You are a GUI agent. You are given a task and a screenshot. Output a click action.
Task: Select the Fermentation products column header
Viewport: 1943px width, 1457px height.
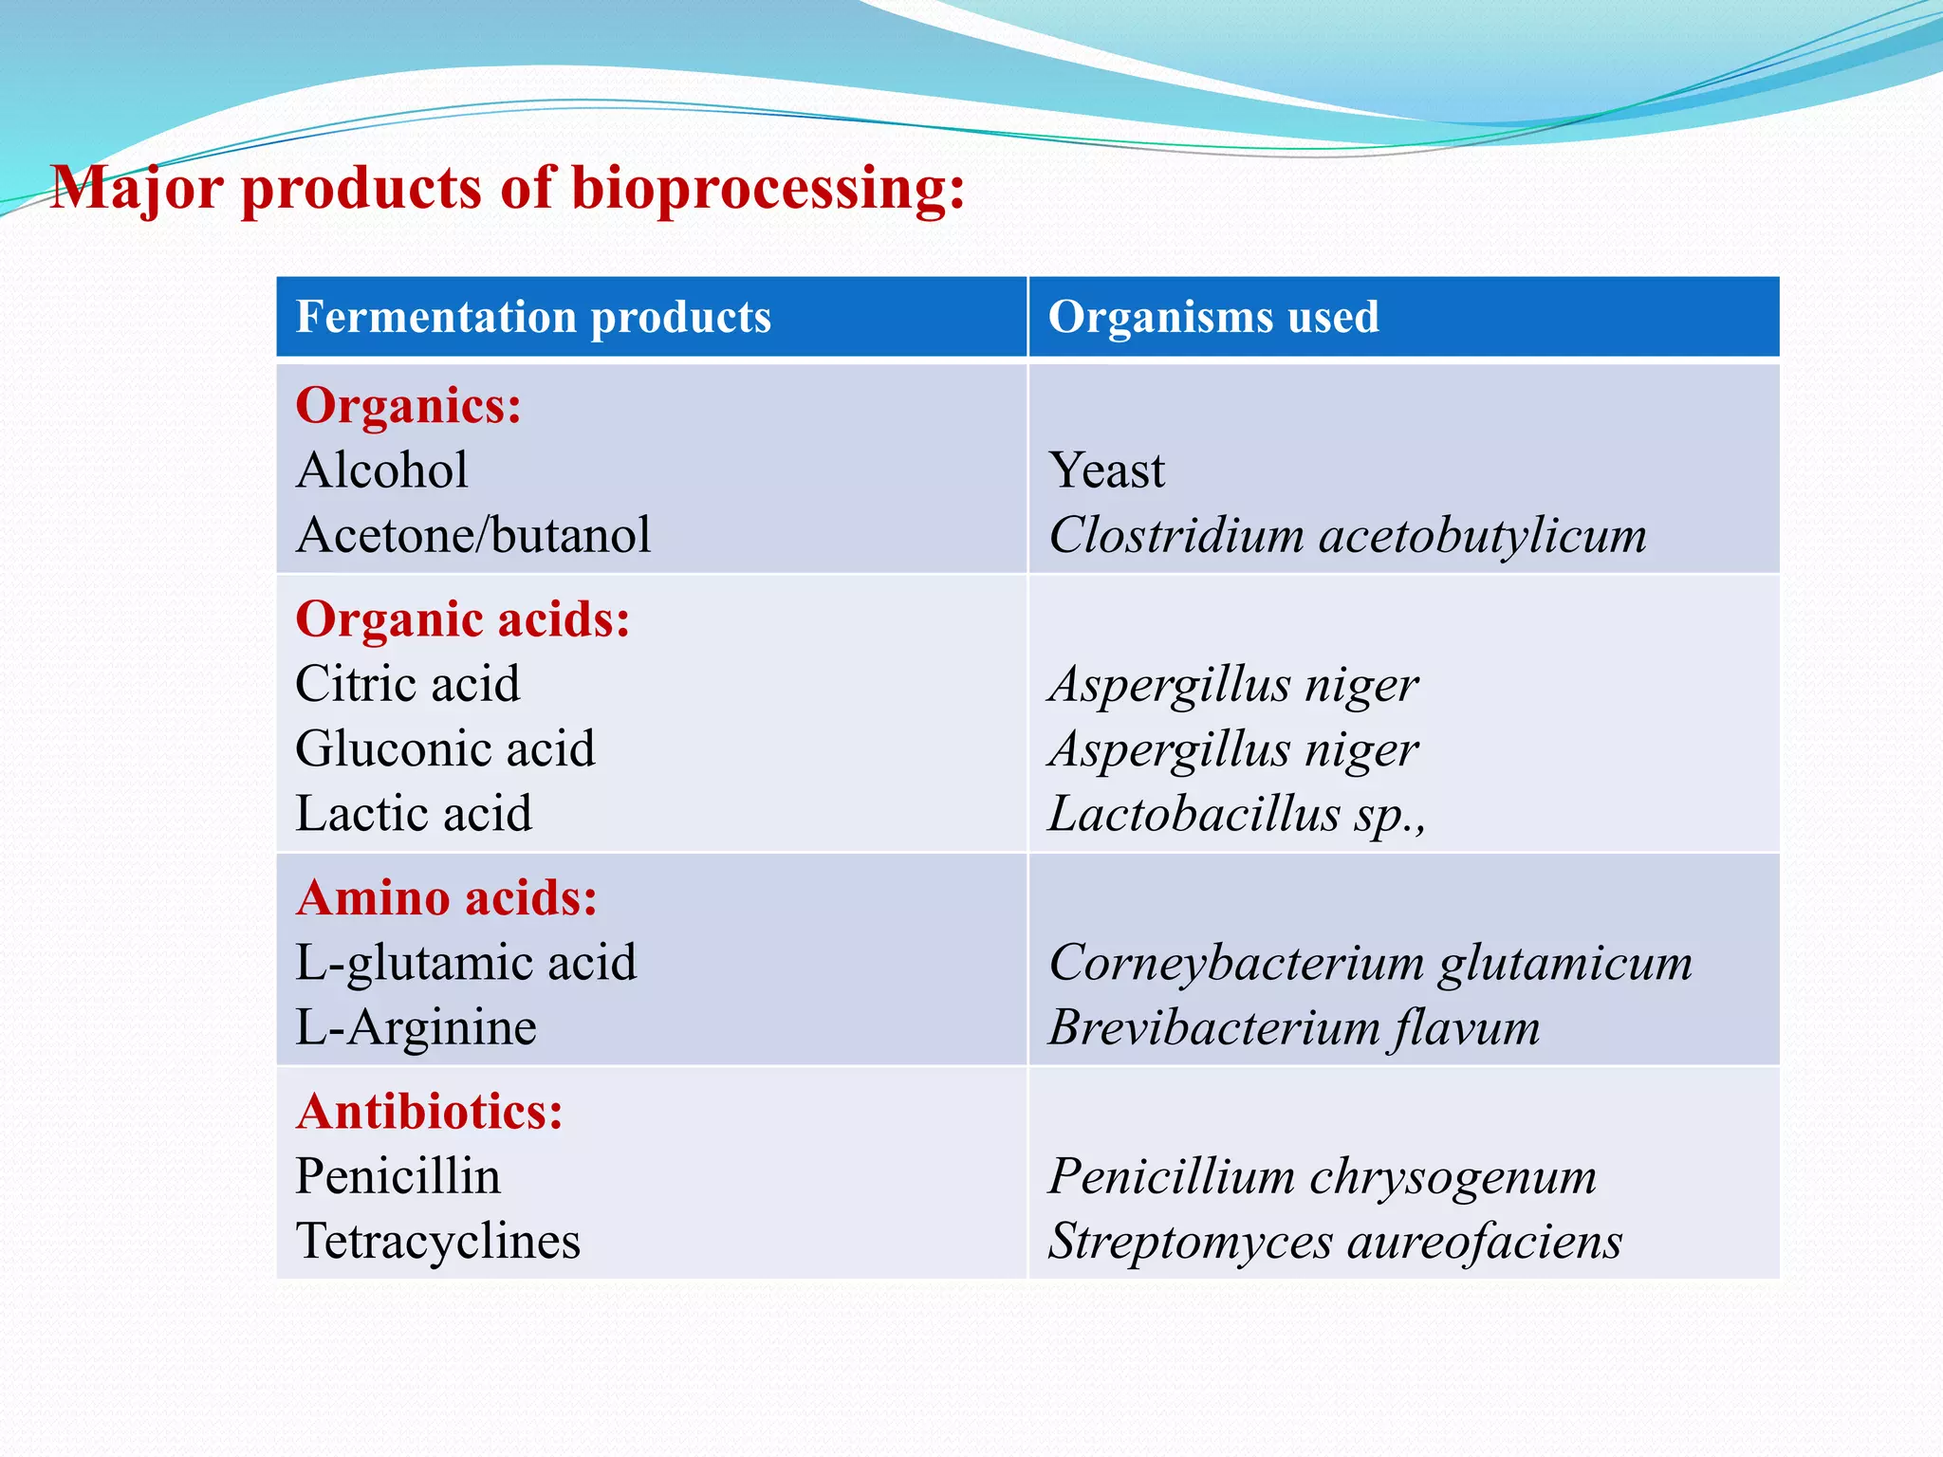coord(533,317)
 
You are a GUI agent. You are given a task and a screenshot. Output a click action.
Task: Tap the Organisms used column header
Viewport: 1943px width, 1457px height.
coord(1212,317)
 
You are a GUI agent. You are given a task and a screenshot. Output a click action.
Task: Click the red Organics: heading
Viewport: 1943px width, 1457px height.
coord(408,406)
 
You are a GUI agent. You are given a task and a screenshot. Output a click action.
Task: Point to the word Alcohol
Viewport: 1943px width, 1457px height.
coord(381,470)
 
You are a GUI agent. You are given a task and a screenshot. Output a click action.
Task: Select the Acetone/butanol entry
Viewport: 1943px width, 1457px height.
coord(472,535)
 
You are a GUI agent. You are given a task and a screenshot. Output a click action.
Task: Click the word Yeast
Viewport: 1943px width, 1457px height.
coord(1106,470)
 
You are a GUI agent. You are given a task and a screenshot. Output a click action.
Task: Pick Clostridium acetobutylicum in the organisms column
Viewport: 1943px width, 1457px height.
coord(1347,535)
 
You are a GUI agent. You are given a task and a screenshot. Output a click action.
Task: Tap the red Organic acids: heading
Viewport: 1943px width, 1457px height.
coord(462,619)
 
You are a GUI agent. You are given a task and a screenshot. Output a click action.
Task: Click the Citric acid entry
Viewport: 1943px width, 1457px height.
coord(407,684)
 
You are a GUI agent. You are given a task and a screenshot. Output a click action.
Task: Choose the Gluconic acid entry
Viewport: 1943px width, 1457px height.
coord(445,748)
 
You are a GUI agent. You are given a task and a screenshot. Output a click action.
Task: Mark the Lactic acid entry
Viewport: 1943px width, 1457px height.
coord(413,814)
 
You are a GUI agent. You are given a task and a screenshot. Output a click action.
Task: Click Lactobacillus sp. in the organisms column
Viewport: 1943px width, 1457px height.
coord(1236,814)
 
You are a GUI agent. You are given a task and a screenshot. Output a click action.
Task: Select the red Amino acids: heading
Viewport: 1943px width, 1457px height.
coord(446,898)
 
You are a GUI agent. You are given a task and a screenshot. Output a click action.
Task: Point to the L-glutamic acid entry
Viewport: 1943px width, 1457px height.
coord(465,963)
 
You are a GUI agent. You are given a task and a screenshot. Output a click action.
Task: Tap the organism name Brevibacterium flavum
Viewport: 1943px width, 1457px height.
coord(1294,1027)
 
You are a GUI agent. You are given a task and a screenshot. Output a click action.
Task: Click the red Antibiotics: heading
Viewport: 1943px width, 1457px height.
coord(429,1112)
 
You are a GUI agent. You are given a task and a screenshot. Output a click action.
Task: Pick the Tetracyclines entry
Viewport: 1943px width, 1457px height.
coord(437,1241)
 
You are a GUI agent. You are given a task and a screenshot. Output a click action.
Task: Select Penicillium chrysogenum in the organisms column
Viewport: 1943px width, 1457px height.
coord(1322,1176)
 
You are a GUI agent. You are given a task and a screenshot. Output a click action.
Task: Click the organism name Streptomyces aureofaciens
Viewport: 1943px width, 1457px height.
coord(1335,1241)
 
